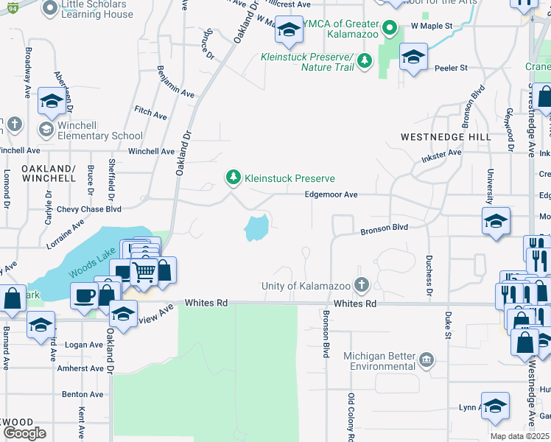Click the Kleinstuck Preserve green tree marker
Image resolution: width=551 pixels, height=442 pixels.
click(233, 178)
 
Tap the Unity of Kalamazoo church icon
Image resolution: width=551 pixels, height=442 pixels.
click(361, 284)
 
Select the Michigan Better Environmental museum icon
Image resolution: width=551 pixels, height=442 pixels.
click(426, 360)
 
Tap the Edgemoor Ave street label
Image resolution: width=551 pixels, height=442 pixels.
click(331, 194)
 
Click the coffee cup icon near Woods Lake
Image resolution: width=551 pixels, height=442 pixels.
click(85, 295)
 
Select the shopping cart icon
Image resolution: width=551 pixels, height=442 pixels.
click(144, 273)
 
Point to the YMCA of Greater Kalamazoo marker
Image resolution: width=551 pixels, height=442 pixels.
click(393, 29)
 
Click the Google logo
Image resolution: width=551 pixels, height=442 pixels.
click(24, 432)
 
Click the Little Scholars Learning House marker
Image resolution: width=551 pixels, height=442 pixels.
click(50, 9)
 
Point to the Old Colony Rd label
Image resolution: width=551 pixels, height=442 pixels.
click(351, 418)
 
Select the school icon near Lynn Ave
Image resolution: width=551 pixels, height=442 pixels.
click(495, 406)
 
